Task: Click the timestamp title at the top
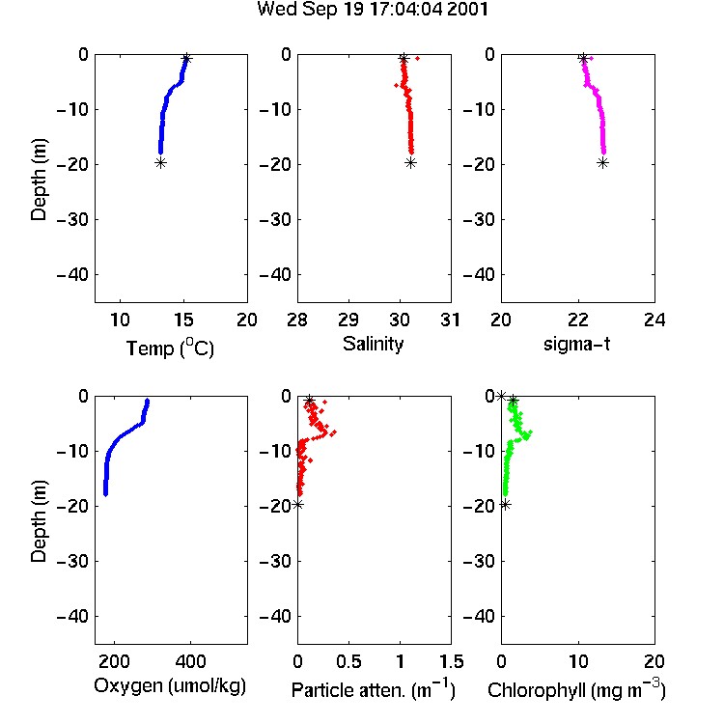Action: click(373, 10)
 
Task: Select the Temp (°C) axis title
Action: click(170, 348)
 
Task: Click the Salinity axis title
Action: click(373, 344)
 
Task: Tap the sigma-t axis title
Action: click(576, 344)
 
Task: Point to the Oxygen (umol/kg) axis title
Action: click(170, 686)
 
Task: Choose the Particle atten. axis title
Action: click(374, 689)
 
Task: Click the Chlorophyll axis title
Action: click(576, 689)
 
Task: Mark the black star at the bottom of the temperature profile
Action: click(160, 162)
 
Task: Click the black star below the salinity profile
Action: click(410, 162)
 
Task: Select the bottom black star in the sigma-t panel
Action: click(602, 162)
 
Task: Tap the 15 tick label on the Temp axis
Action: click(183, 320)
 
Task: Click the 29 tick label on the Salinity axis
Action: click(348, 320)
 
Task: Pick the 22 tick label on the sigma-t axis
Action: click(578, 320)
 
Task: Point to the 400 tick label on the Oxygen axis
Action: click(190, 661)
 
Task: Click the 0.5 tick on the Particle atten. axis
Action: click(348, 661)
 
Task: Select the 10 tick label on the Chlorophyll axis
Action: click(578, 661)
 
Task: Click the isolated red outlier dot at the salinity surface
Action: click(417, 58)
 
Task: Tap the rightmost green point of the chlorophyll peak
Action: click(531, 432)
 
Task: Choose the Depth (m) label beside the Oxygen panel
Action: click(39, 521)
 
